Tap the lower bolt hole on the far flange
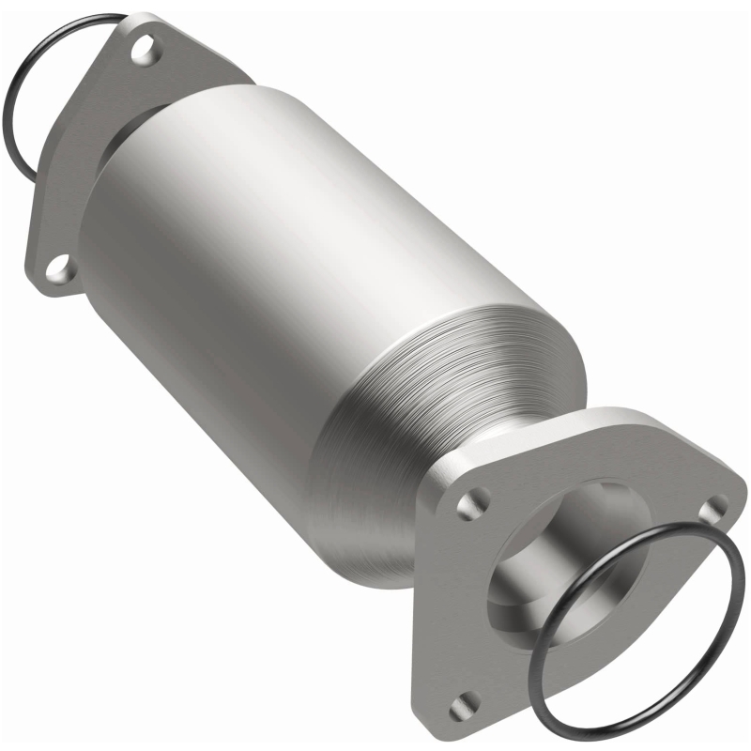click(61, 269)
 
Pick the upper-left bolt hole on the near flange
click(467, 506)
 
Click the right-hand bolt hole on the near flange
click(716, 507)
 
